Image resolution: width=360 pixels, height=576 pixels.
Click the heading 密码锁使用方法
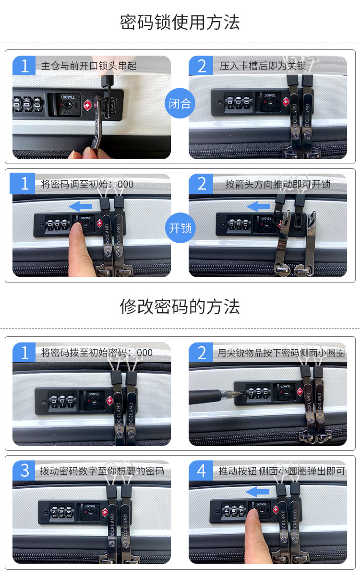[x=180, y=23]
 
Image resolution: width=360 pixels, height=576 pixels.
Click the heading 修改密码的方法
[x=180, y=306]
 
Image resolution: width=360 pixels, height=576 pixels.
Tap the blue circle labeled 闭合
[x=180, y=104]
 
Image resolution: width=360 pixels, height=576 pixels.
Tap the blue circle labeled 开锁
[x=180, y=228]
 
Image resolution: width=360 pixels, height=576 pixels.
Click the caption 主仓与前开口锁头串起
[x=89, y=66]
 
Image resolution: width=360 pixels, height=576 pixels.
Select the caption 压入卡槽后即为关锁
[x=263, y=66]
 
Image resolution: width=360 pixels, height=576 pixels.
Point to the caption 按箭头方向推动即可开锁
[x=277, y=184]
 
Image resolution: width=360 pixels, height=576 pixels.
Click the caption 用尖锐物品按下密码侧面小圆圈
[x=281, y=353]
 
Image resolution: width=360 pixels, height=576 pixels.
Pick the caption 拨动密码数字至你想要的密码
[x=102, y=471]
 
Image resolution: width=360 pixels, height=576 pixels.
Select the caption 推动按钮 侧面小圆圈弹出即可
[x=282, y=471]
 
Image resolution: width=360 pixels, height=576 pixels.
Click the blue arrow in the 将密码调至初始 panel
[x=81, y=206]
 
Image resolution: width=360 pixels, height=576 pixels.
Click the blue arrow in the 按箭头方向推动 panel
[x=258, y=206]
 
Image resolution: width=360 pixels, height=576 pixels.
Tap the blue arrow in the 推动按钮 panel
[x=258, y=492]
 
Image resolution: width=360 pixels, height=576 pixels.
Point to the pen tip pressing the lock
[x=242, y=393]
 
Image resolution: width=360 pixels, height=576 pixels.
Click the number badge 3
[x=24, y=470]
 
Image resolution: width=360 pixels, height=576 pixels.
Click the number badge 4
[x=201, y=470]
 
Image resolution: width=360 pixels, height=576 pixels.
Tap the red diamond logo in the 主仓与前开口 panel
[x=87, y=106]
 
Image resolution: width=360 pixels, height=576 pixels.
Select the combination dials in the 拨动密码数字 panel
[x=62, y=512]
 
